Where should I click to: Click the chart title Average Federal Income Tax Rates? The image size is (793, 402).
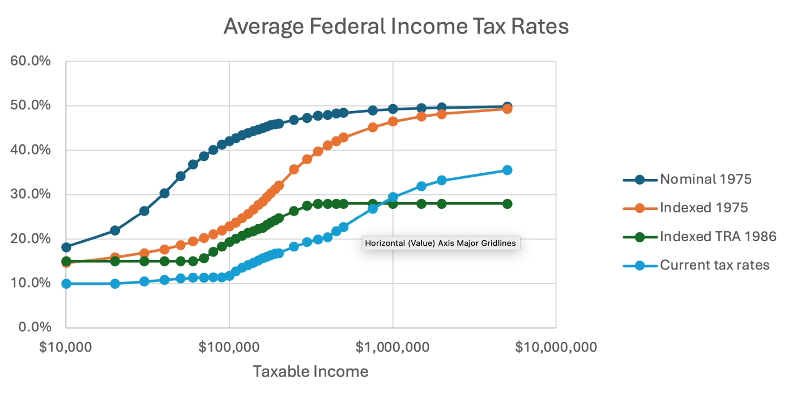(396, 27)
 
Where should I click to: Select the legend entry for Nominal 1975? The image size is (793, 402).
(706, 179)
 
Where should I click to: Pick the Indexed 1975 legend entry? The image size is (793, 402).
(704, 208)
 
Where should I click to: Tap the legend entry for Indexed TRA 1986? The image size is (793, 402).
(718, 236)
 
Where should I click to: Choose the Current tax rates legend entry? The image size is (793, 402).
(714, 264)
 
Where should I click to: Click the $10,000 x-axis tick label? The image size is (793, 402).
(66, 347)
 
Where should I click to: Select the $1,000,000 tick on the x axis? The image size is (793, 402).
(393, 347)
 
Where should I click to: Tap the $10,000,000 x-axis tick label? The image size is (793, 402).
(556, 347)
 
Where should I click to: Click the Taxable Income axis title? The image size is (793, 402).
(310, 371)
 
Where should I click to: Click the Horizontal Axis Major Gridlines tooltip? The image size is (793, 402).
(441, 243)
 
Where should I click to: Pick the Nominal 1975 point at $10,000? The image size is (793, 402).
(66, 247)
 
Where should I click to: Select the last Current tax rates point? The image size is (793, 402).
(507, 170)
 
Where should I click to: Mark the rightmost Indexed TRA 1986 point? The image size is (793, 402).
(507, 204)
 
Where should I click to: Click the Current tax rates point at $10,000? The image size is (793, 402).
(66, 284)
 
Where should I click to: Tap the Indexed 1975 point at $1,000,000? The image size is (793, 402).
(393, 121)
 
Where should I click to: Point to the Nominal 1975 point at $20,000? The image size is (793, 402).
(115, 230)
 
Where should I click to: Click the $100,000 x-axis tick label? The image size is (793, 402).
(229, 347)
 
